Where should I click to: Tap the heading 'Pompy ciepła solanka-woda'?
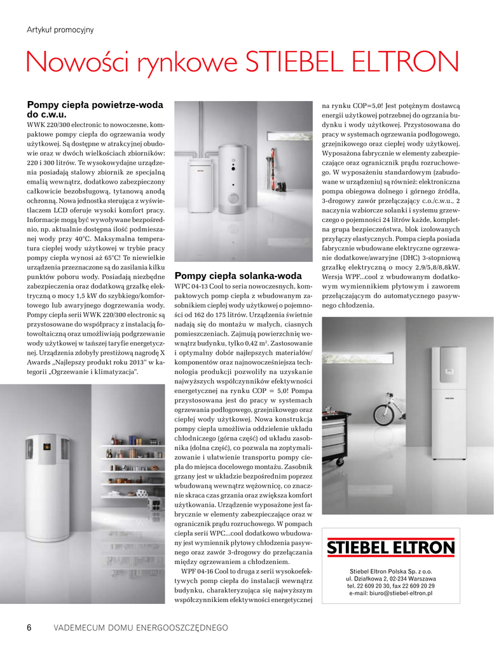238,276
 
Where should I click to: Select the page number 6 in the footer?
29,627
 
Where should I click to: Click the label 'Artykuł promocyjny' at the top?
60,29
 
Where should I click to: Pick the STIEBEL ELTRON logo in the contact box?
390,547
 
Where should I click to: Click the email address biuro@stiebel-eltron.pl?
390,593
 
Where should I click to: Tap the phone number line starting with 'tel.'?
390,586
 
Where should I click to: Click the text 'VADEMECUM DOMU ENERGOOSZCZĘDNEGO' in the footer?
141,628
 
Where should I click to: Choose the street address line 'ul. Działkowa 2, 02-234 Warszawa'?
390,579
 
